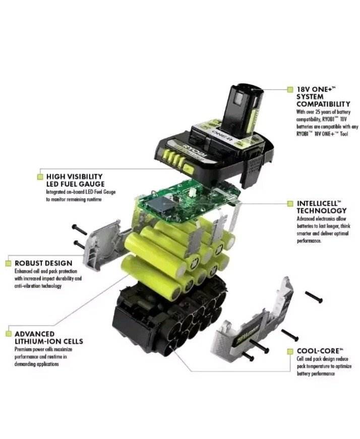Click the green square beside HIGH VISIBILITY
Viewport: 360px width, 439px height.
click(x=40, y=177)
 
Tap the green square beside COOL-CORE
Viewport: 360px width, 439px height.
click(x=290, y=350)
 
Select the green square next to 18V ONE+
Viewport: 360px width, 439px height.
click(x=290, y=89)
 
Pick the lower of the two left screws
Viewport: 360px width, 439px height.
click(x=79, y=245)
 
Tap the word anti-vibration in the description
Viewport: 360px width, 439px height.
click(x=32, y=286)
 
